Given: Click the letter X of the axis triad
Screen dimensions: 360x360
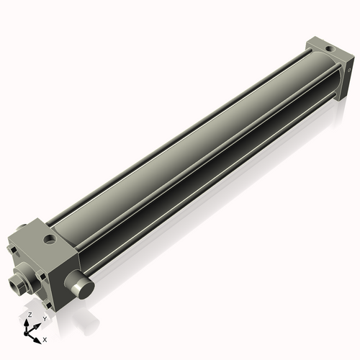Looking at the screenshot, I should point(45,338).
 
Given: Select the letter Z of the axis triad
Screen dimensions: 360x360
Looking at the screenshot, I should point(28,315).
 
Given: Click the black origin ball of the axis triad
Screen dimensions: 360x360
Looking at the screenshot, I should point(28,332).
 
